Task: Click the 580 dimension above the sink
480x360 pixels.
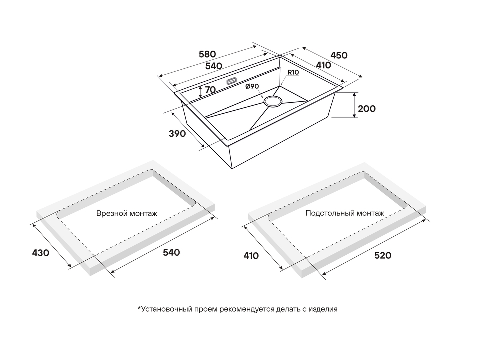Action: [x=207, y=54]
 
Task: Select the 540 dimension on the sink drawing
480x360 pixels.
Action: [x=213, y=66]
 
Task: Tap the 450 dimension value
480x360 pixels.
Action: [x=339, y=55]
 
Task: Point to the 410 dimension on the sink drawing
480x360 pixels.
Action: [x=323, y=65]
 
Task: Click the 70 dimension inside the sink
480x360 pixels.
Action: [x=210, y=90]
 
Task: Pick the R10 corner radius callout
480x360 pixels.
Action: [x=293, y=73]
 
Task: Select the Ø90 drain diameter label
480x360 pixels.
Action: [x=252, y=87]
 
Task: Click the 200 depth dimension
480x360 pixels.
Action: [x=367, y=108]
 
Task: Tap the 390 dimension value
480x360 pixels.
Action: [x=177, y=134]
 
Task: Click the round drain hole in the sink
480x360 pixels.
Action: [x=273, y=101]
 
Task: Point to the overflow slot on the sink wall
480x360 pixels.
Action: [x=232, y=81]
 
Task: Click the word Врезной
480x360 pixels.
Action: [x=110, y=213]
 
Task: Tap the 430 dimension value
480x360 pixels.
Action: [x=40, y=253]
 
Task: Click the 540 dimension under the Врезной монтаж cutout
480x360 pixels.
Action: [x=171, y=253]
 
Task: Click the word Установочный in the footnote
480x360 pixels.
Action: [x=160, y=309]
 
